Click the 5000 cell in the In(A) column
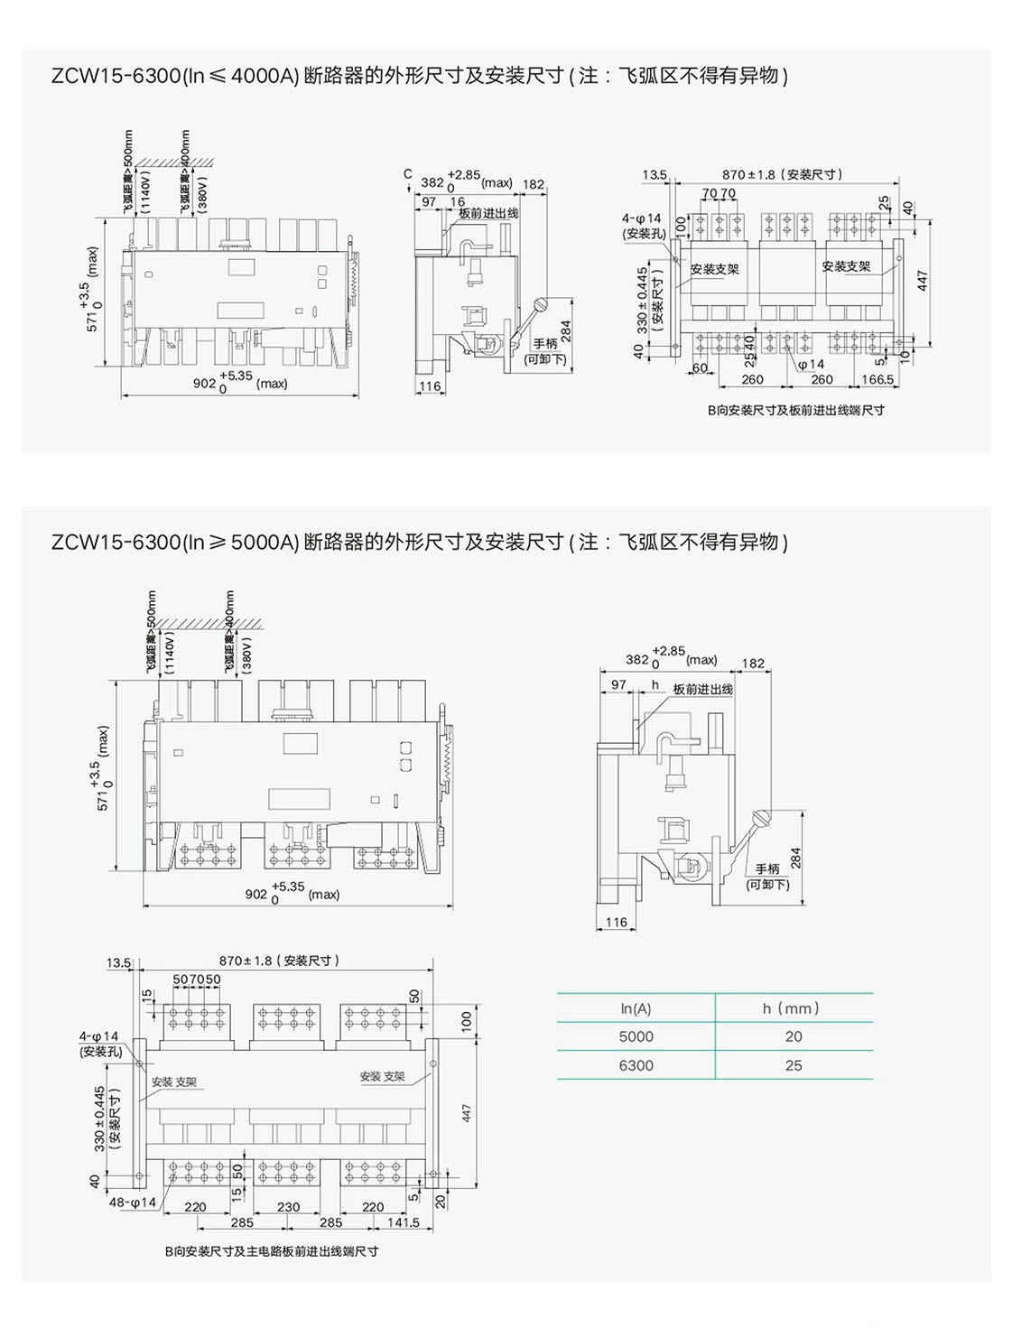point(636,1036)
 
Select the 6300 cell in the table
point(636,1065)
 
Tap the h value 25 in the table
point(794,1065)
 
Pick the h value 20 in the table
point(794,1036)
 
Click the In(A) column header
point(636,1008)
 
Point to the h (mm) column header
point(791,1008)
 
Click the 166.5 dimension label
point(877,380)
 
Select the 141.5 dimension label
point(404,1222)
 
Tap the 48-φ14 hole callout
point(133,1203)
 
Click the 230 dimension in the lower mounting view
point(288,1207)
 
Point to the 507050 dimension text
point(197,980)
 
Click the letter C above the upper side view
point(408,174)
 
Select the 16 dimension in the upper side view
point(458,202)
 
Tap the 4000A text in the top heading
point(265,76)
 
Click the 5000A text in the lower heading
point(265,543)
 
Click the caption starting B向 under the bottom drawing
point(272,1251)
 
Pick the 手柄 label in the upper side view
point(545,344)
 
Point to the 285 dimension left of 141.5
point(331,1222)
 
